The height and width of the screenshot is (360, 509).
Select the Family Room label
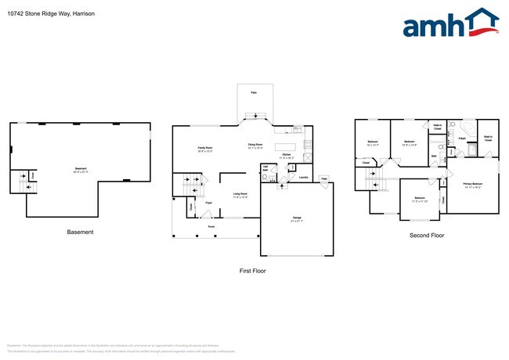pyautogui.click(x=205, y=149)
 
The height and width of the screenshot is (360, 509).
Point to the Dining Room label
pyautogui.click(x=256, y=146)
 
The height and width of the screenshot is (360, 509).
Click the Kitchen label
pyautogui.click(x=287, y=157)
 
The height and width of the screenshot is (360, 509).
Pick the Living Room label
pyautogui.click(x=240, y=195)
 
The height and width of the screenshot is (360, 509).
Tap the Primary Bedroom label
pyautogui.click(x=472, y=185)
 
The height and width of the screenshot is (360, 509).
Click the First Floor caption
pyautogui.click(x=253, y=271)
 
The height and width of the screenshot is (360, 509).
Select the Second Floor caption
pyautogui.click(x=428, y=236)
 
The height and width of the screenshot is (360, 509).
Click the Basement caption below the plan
pyautogui.click(x=80, y=232)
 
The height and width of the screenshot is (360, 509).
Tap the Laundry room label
pyautogui.click(x=301, y=178)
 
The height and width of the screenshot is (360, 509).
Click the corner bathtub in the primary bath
pyautogui.click(x=467, y=128)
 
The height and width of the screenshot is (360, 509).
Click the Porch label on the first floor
pyautogui.click(x=211, y=227)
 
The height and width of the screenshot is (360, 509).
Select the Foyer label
pyautogui.click(x=209, y=203)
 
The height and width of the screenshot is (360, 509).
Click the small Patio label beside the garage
pyautogui.click(x=324, y=178)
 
